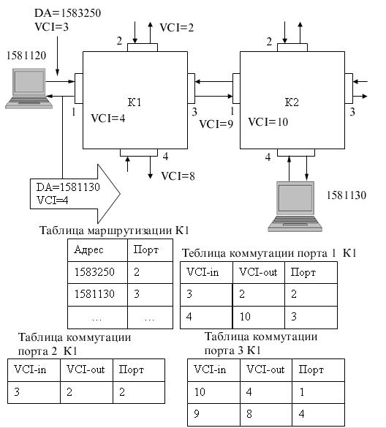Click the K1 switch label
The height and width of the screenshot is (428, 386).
coord(135,102)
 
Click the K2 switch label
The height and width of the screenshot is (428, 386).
coord(292,102)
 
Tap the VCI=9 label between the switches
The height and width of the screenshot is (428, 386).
coord(216,124)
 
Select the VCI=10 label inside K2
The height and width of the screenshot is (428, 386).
coord(268,121)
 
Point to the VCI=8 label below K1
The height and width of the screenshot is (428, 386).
coord(178,176)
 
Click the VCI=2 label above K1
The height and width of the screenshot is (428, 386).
coord(176,28)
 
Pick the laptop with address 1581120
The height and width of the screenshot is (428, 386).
coord(29,89)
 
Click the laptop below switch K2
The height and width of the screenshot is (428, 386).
coord(295,206)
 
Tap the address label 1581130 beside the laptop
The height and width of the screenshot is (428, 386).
coord(347,195)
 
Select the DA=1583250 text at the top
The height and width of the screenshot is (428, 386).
coord(67,13)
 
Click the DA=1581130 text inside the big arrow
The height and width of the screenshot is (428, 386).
coord(68,187)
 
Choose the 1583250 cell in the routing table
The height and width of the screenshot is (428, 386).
coord(94,272)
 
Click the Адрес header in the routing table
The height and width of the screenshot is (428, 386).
coord(88,249)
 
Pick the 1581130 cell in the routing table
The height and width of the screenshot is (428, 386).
coord(94,294)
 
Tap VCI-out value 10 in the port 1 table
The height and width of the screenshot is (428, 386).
coord(245,316)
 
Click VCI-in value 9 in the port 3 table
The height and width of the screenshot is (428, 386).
coord(197,414)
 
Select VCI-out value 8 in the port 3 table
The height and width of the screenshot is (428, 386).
coord(249,414)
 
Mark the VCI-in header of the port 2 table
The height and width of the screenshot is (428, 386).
coord(30,369)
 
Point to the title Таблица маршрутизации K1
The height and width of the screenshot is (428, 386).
coord(114,230)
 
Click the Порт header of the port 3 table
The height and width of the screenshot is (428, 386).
coord(311,369)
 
